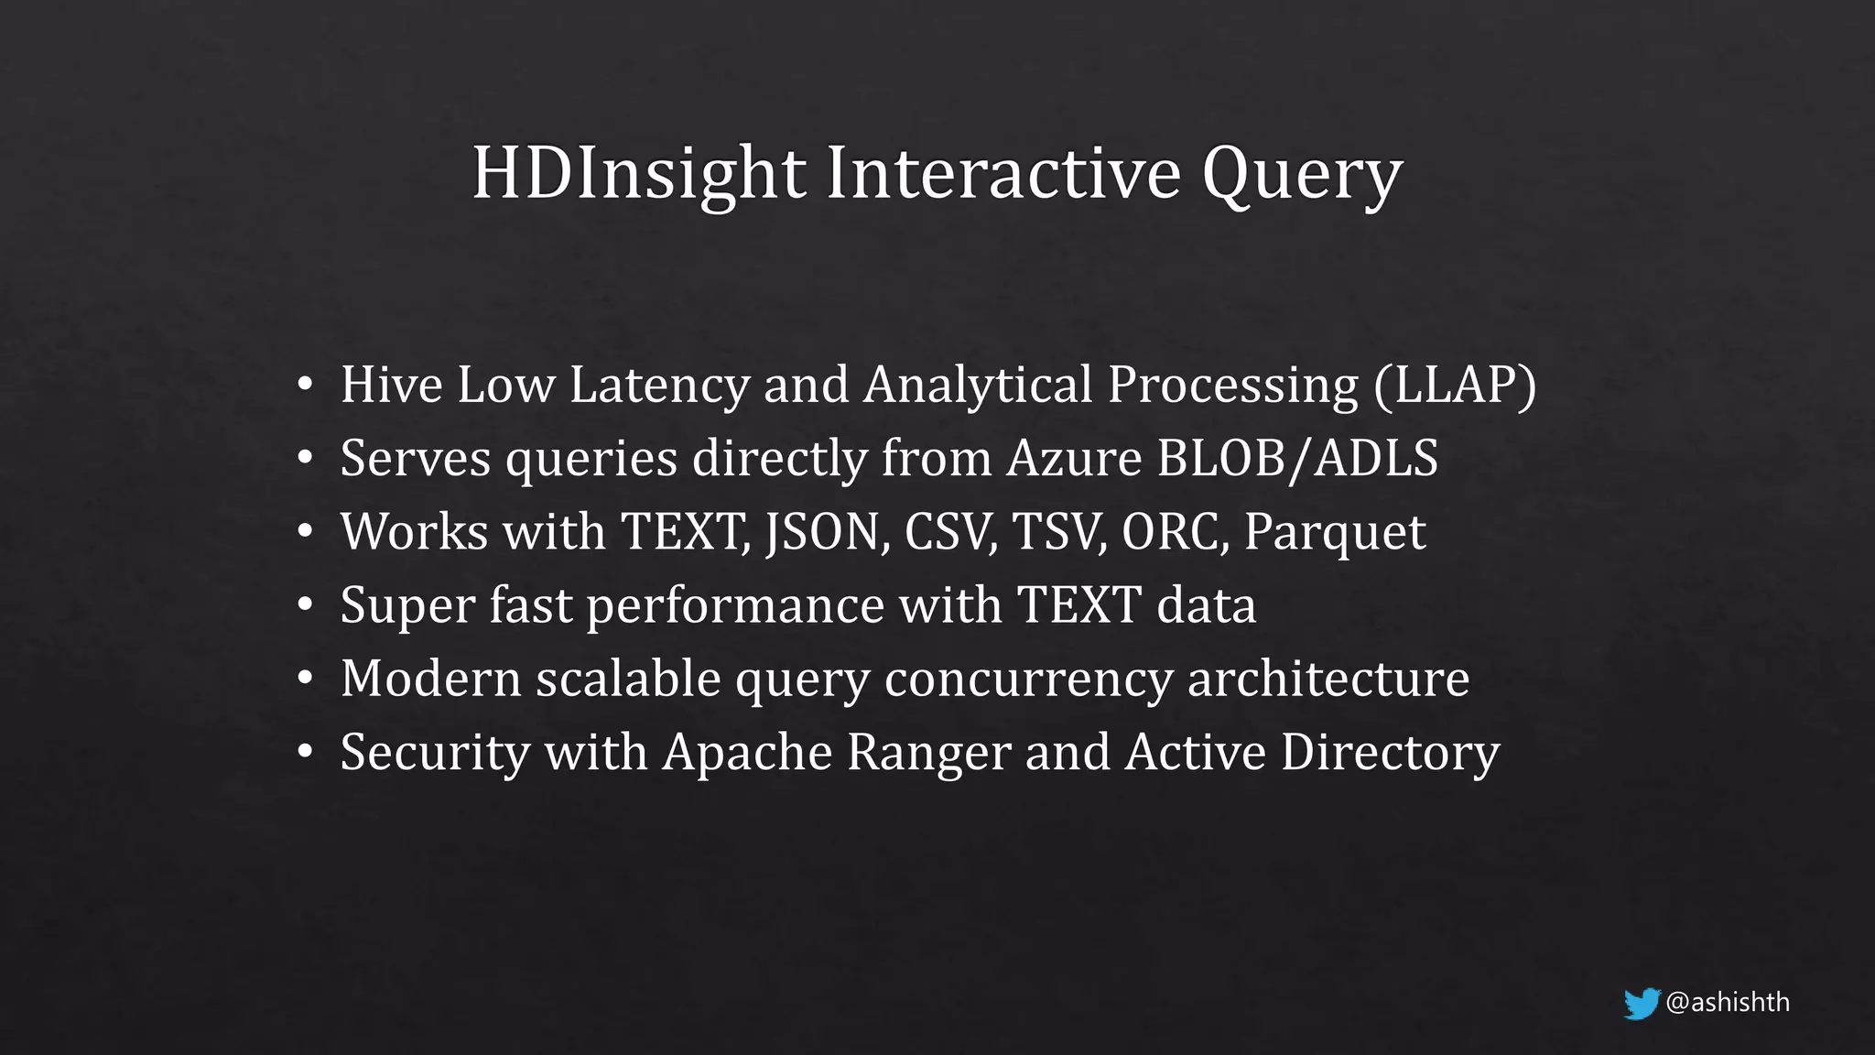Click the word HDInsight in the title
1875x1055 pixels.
click(638, 173)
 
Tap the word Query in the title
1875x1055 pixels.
click(1302, 176)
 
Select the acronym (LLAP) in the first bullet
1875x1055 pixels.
click(1455, 385)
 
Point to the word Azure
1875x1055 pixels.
click(1074, 458)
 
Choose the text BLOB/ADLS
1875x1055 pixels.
click(1297, 458)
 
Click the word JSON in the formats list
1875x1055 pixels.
click(828, 532)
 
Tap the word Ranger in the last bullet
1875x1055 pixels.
click(928, 754)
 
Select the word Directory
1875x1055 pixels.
click(1390, 754)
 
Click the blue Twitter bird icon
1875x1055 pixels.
click(1642, 1004)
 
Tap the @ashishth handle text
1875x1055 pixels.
click(1728, 1003)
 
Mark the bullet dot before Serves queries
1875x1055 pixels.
click(306, 458)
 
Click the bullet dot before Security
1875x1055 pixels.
click(306, 753)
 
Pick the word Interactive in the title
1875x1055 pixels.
click(1003, 173)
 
